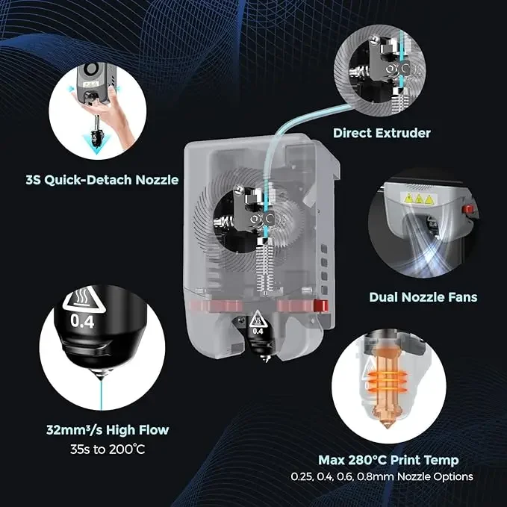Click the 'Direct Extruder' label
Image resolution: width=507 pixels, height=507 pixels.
(x=382, y=133)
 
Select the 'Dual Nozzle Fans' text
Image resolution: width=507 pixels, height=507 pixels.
(x=423, y=296)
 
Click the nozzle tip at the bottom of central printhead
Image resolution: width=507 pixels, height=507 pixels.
(x=260, y=362)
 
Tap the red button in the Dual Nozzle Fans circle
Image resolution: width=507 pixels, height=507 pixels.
(x=467, y=209)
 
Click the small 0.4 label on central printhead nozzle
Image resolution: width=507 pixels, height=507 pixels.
(x=258, y=329)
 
